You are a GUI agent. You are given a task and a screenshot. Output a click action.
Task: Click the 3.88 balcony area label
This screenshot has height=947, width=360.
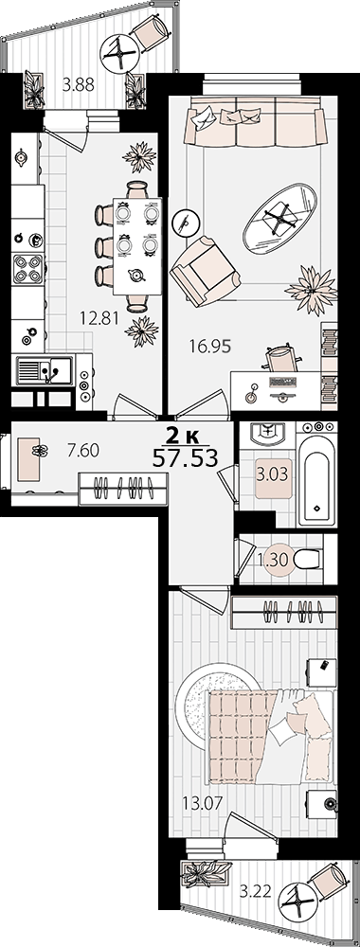tap(78, 85)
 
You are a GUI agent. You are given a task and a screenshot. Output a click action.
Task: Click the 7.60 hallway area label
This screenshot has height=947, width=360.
tap(83, 450)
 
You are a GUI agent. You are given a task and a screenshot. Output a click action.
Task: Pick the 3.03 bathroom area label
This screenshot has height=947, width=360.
tap(272, 473)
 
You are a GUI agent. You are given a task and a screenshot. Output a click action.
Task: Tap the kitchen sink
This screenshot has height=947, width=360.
tap(45, 370)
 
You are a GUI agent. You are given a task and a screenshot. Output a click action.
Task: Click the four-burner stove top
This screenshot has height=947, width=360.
tap(28, 269)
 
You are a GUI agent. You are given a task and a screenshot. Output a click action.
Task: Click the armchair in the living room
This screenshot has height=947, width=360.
tap(206, 270)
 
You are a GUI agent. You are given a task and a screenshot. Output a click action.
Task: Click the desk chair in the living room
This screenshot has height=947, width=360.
tap(281, 359)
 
